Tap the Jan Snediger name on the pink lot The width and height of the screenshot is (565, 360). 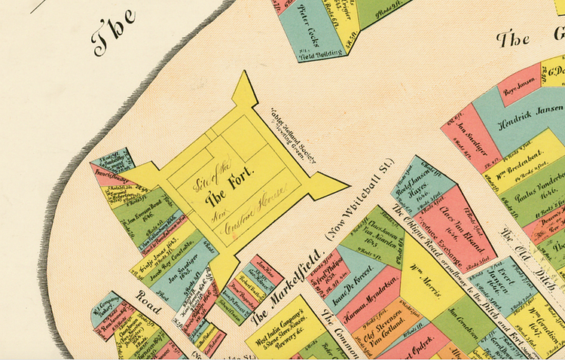[x=470, y=136]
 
